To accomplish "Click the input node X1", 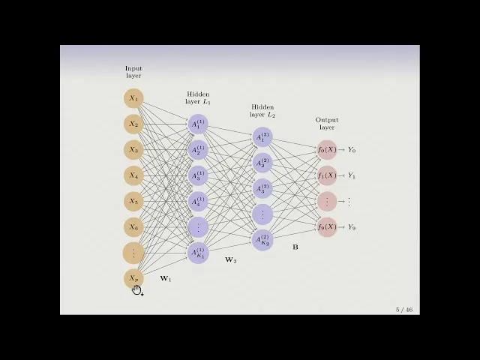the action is (x=133, y=98).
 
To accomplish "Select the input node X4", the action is (x=133, y=175).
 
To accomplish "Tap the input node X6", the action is (x=133, y=227).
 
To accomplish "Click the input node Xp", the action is (x=133, y=279).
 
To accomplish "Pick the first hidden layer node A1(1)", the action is (x=198, y=124).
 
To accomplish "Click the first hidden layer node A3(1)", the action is (x=198, y=175).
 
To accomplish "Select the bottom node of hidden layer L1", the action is (x=198, y=253).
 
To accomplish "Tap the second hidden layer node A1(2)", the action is (x=262, y=137).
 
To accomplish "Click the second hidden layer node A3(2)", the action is (x=262, y=188).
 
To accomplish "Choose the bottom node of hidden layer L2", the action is (x=262, y=240).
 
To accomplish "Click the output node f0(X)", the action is (x=327, y=150).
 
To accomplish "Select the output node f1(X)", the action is (x=327, y=175).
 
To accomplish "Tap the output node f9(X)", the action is (x=327, y=227).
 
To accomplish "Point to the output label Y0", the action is (x=351, y=150).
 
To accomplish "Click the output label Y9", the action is (x=351, y=227).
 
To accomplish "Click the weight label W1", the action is (x=166, y=279).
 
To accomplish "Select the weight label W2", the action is (x=230, y=260).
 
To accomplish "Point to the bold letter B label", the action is (x=295, y=246).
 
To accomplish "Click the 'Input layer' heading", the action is (x=133, y=72).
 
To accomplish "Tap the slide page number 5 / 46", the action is (x=404, y=310).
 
